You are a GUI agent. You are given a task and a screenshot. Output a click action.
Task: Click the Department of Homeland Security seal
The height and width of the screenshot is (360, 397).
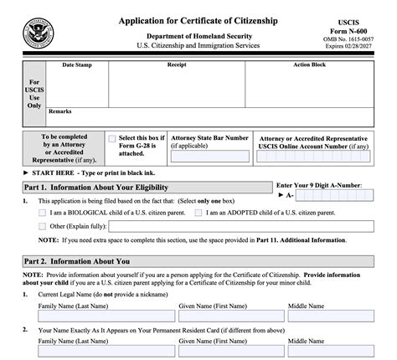tap(38, 35)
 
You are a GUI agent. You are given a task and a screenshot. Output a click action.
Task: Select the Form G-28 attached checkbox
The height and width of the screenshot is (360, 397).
tap(112, 138)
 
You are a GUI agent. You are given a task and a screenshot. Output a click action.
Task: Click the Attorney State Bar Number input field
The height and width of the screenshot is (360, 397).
tap(209, 157)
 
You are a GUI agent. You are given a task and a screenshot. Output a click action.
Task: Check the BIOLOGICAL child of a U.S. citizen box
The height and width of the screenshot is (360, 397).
tap(43, 213)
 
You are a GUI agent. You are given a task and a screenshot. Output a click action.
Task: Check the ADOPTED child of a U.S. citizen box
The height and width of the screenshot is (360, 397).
tap(198, 213)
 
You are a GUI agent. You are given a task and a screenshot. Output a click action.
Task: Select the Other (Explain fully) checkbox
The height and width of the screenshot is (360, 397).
tap(43, 226)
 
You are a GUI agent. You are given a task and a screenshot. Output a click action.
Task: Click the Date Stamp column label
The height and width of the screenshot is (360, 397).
tap(78, 64)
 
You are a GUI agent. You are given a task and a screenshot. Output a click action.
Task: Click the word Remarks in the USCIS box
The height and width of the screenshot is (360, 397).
tap(59, 111)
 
